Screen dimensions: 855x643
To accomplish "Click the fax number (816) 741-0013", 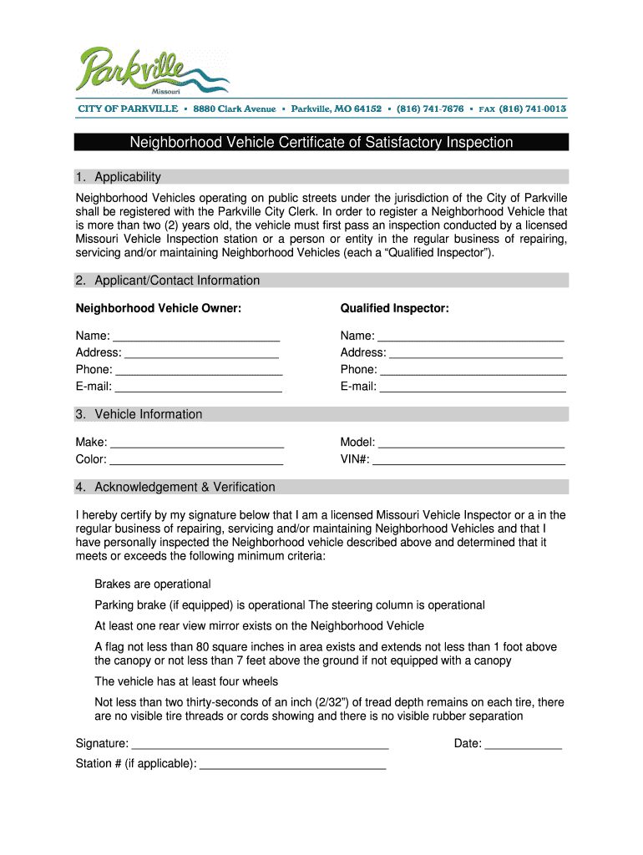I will click(x=533, y=109).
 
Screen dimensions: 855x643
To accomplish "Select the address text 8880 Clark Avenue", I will click(x=235, y=109).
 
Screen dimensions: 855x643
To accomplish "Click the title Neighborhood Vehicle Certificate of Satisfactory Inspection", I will click(x=321, y=143).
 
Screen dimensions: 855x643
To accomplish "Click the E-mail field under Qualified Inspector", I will click(x=473, y=387).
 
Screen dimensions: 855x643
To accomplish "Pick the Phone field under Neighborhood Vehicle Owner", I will click(x=199, y=369).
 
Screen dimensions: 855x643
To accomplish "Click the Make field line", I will click(x=197, y=443).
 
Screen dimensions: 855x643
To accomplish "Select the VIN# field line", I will click(x=468, y=459).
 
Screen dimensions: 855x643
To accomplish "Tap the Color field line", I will click(x=196, y=459).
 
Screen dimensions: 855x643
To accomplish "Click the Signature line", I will click(x=261, y=743).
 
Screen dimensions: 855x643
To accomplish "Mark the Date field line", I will click(x=524, y=743).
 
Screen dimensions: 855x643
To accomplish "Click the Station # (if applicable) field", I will click(x=293, y=763).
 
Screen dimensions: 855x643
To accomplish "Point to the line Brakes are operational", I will click(x=153, y=584).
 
